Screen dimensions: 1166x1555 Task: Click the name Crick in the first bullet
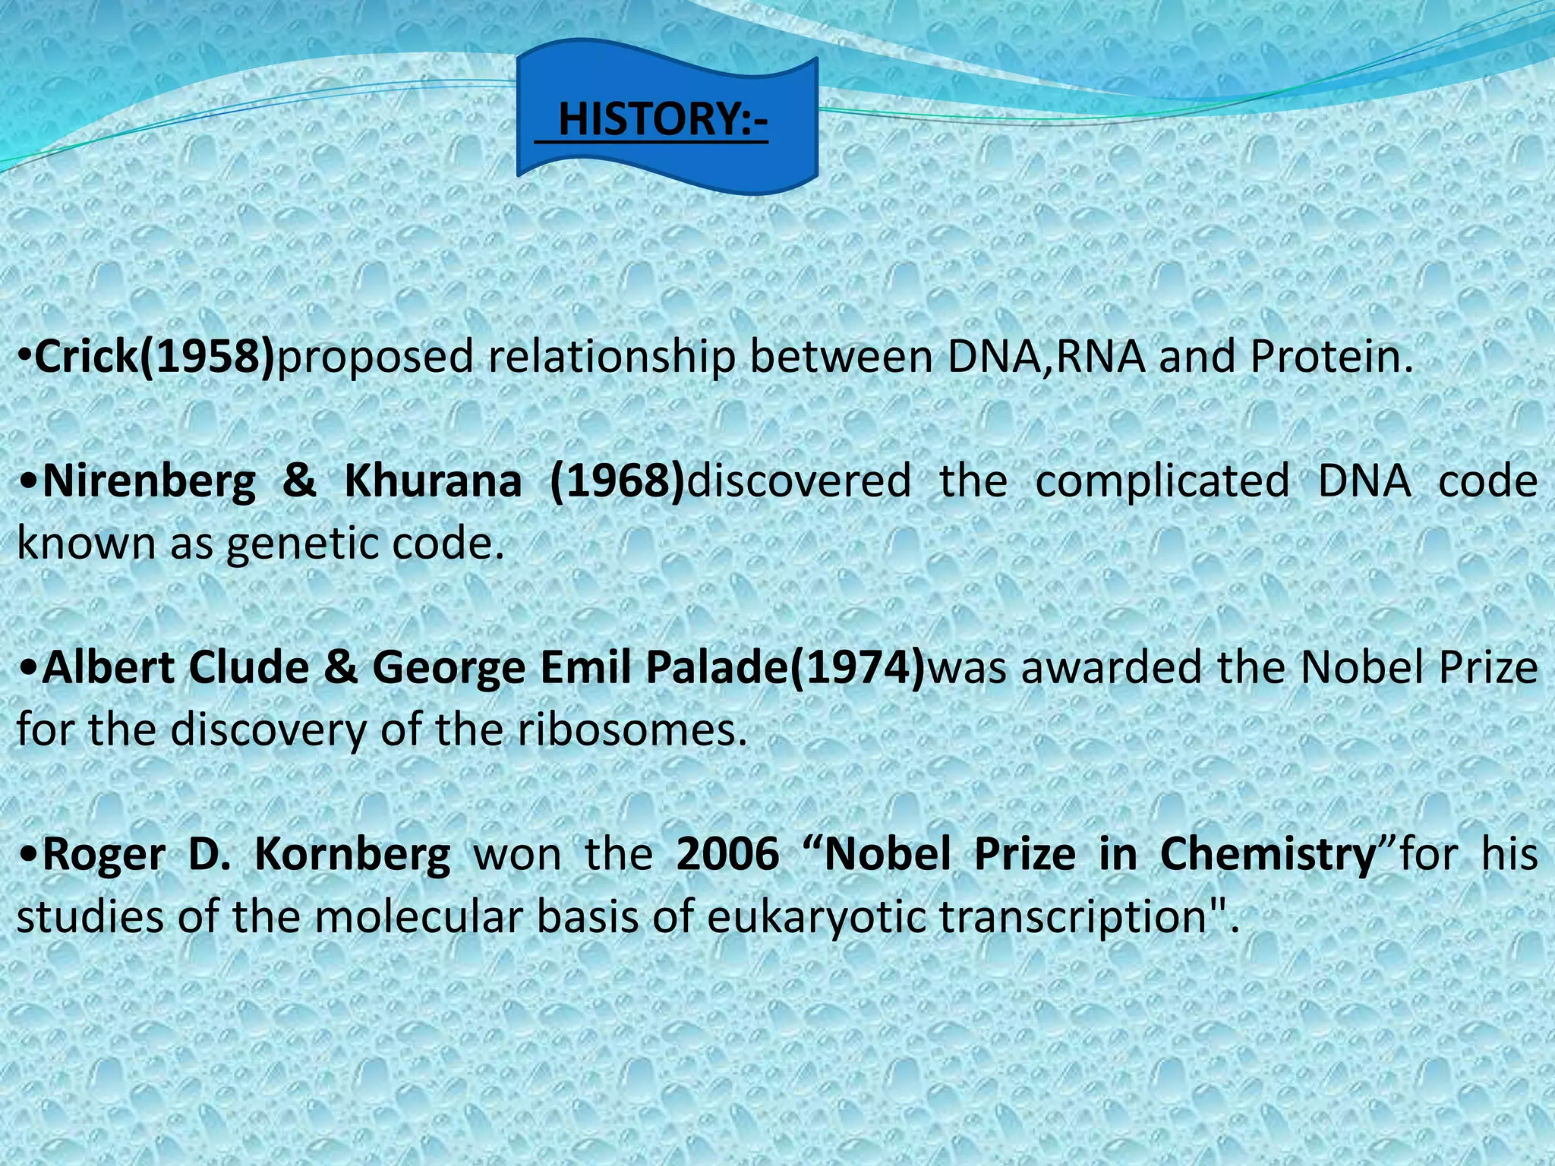point(87,356)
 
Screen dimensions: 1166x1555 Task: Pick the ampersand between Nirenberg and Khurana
point(299,481)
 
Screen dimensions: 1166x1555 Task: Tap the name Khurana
point(433,481)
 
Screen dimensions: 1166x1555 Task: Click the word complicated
point(1162,482)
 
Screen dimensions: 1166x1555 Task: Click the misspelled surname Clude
point(249,667)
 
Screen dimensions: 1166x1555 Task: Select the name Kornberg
point(352,855)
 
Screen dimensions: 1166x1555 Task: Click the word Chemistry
point(1268,855)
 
